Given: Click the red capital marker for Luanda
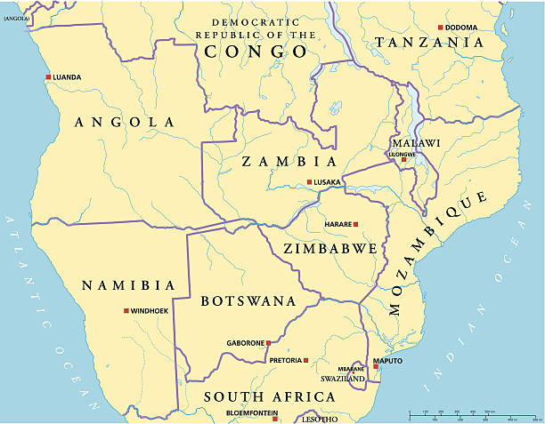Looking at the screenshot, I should coord(48,77).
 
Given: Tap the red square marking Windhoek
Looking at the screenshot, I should coord(126,311).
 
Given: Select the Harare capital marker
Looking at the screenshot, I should coord(355,224).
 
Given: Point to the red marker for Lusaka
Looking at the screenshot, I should coord(309,182).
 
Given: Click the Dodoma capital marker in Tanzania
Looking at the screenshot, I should coord(440,28).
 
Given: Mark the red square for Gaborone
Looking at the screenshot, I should coord(269,342).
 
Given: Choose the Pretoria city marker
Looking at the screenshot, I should coord(305,360).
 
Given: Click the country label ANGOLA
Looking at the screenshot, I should coord(125,122).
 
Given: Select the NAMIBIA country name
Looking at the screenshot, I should coord(128,285).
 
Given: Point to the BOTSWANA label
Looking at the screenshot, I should coord(248,301).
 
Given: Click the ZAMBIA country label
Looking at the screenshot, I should coord(289,162).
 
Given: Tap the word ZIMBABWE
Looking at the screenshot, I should coord(329,249).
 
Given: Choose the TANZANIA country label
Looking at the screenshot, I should coord(429,42).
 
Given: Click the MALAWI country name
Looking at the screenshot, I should coord(416,142).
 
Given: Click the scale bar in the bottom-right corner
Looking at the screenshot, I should coord(463,415).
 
